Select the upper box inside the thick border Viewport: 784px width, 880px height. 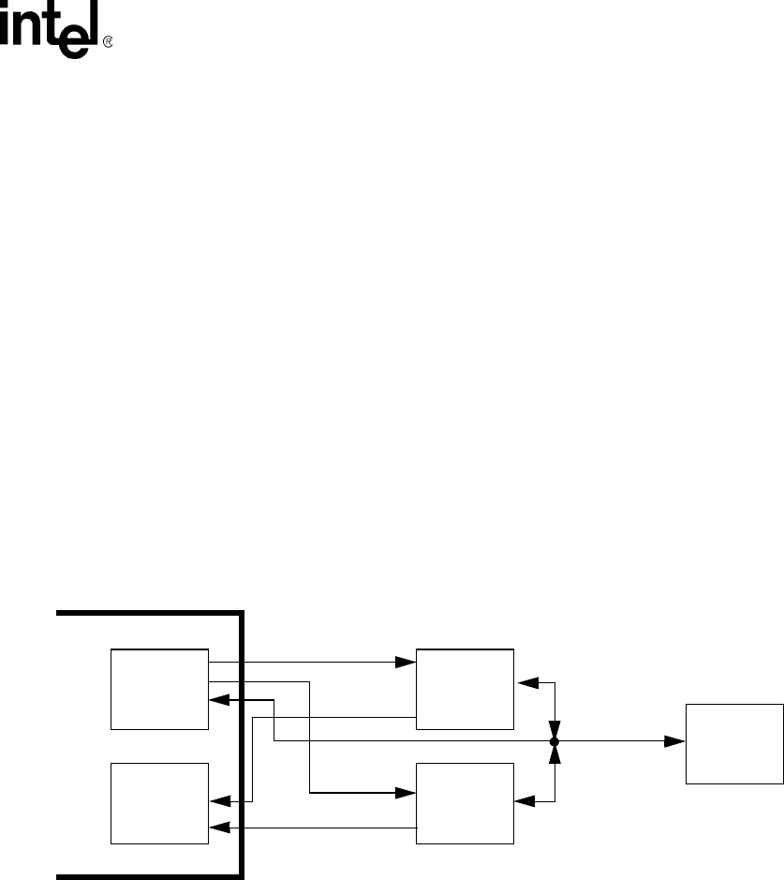(x=159, y=688)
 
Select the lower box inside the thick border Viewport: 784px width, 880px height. (x=159, y=803)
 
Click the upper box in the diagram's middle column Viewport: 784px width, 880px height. (x=465, y=688)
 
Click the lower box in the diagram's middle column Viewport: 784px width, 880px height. (x=465, y=803)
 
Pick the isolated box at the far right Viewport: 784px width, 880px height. (x=733, y=742)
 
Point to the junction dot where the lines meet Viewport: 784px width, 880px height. (x=554, y=741)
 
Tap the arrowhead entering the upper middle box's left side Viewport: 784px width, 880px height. (x=407, y=662)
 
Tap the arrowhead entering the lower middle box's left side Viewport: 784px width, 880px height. (x=407, y=793)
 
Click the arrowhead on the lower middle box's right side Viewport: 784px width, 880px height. (x=525, y=801)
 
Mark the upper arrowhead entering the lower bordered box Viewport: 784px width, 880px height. (x=218, y=801)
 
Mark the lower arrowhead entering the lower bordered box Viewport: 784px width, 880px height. (x=218, y=828)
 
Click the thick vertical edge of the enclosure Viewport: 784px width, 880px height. (x=243, y=731)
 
